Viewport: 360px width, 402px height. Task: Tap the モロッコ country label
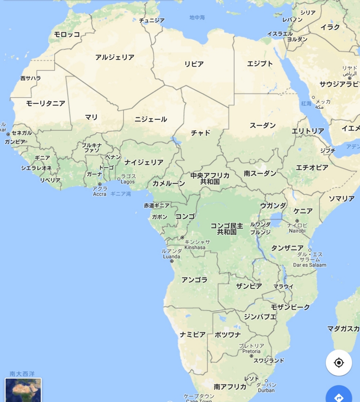67,35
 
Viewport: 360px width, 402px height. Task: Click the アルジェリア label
115,57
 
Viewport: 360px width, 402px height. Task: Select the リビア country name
194,64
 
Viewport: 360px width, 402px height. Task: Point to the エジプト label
260,64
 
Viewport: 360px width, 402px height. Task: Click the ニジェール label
151,119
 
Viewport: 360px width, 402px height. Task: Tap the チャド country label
200,133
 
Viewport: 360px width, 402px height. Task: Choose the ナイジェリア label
144,162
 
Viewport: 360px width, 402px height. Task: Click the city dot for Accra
100,184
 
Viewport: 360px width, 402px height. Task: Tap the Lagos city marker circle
119,179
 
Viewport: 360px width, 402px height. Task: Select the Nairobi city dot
297,221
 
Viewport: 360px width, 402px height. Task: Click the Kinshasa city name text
195,247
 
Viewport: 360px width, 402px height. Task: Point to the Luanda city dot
172,261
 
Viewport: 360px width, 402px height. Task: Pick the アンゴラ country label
194,280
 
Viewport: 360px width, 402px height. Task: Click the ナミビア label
193,334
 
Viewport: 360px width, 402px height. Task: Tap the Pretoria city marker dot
252,356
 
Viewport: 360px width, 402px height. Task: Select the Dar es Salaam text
310,265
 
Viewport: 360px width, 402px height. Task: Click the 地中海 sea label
197,17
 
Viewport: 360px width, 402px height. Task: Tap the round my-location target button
339,363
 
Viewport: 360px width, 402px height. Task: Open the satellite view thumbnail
23,390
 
